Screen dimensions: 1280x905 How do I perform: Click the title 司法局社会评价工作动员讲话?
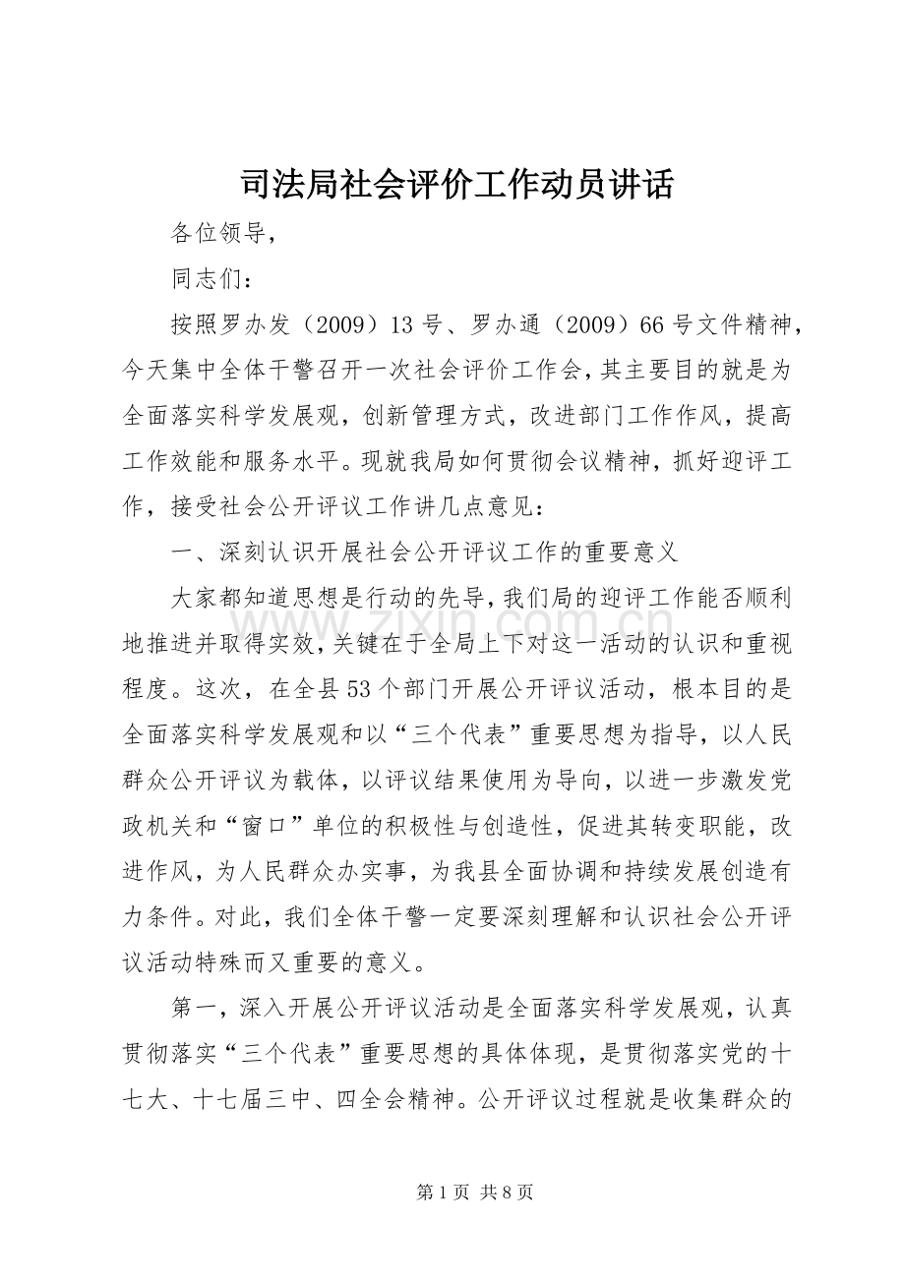pyautogui.click(x=455, y=184)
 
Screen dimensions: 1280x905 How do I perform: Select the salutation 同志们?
pyautogui.click(x=209, y=279)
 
